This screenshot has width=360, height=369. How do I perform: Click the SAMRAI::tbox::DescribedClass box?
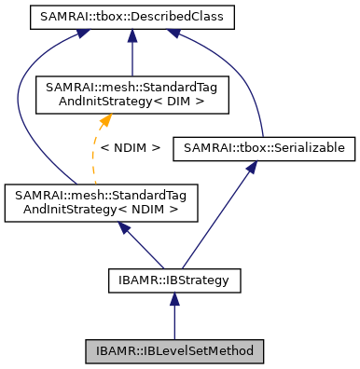coord(132,17)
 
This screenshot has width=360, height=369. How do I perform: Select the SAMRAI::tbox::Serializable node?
coord(264,147)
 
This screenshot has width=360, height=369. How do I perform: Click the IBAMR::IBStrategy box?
coord(173,278)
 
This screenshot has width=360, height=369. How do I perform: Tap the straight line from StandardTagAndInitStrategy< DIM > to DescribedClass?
coord(133,56)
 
